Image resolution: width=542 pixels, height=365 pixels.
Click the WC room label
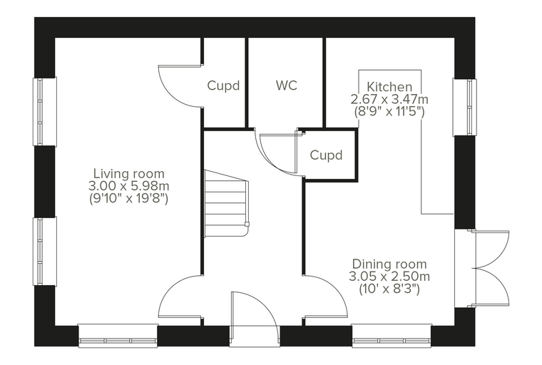point(287,86)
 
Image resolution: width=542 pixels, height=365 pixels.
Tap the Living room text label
point(129,173)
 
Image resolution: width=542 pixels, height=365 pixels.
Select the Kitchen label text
point(389,86)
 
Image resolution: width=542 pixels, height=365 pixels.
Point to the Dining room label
point(389,264)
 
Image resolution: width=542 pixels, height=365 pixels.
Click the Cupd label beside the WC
point(223,86)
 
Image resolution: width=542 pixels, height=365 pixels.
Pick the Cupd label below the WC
point(326,155)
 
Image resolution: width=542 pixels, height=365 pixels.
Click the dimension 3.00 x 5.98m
point(129,186)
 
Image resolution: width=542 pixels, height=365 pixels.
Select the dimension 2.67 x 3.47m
point(389,99)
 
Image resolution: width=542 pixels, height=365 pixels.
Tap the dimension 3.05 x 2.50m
point(389,277)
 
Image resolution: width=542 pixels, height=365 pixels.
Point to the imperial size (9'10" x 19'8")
point(129,199)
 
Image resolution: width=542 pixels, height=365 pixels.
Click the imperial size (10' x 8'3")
point(389,289)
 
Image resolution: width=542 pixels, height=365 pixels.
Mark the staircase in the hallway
point(226,203)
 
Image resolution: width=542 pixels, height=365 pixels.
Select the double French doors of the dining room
point(490,268)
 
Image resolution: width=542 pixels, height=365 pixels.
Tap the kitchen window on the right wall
point(465,107)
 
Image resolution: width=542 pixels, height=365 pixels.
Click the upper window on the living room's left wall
point(45,111)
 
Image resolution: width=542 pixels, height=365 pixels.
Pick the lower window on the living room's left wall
point(45,251)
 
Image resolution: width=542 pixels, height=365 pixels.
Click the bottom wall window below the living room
point(118,336)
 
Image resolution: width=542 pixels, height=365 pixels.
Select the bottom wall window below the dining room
point(392,336)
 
